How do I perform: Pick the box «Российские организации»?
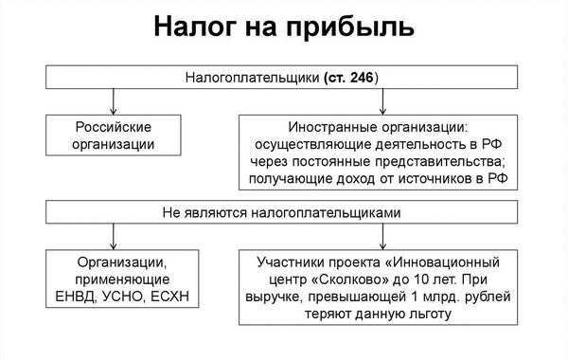coord(115,135)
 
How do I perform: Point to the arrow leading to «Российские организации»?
coord(114,99)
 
